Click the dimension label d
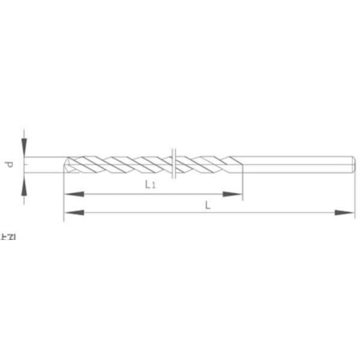10,163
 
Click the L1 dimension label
151,185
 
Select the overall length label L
208,205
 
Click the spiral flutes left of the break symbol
120,163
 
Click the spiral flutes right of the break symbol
201,163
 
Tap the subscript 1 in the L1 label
154,186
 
